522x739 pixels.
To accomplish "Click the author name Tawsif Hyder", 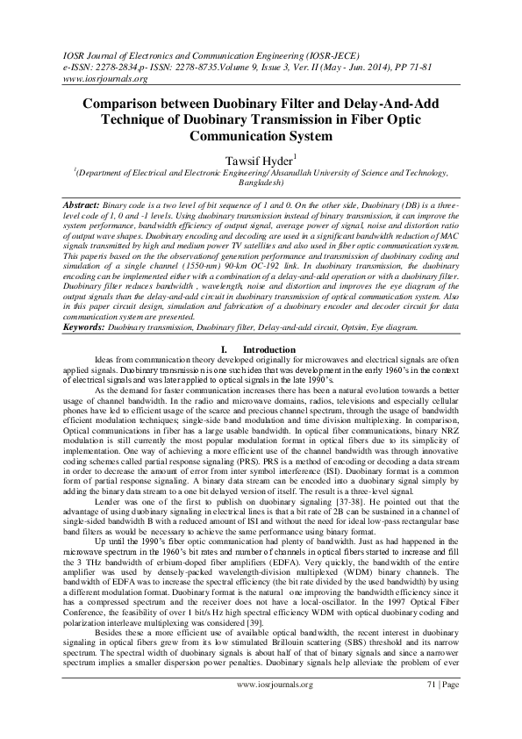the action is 260,161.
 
